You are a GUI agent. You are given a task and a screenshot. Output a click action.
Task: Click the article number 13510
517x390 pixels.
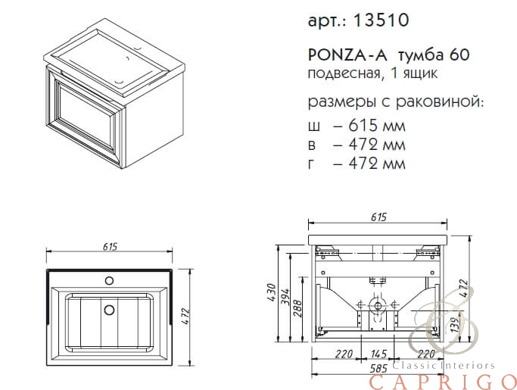(x=381, y=20)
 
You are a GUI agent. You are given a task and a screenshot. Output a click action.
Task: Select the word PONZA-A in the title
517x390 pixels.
(x=348, y=55)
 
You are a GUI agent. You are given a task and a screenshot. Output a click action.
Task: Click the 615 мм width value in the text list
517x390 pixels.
(x=376, y=126)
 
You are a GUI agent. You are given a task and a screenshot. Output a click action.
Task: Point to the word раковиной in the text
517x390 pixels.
(x=440, y=102)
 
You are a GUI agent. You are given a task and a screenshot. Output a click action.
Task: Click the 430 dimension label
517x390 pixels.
(x=271, y=293)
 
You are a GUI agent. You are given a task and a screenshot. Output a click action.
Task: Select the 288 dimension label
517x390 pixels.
(x=297, y=308)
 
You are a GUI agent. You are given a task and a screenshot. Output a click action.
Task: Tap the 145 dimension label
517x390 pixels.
(x=378, y=354)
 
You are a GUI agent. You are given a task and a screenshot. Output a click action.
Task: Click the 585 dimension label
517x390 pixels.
(x=378, y=368)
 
